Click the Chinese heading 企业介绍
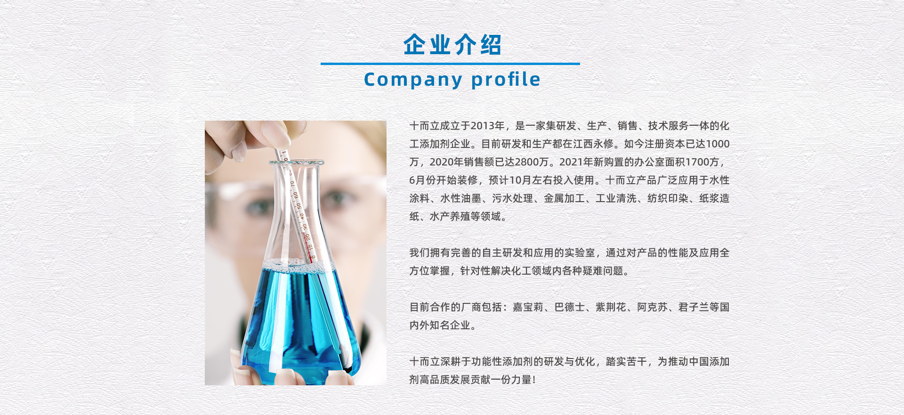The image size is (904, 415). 452,45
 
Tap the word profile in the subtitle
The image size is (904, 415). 506,79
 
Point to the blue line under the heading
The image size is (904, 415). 450,64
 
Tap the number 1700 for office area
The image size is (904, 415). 697,162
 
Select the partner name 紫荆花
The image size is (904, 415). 611,307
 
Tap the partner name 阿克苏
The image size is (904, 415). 653,307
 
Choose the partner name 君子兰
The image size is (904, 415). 694,307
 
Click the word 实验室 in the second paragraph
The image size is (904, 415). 580,253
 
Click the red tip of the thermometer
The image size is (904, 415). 312,259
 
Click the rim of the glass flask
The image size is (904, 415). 296,163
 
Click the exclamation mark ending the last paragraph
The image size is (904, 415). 534,380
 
